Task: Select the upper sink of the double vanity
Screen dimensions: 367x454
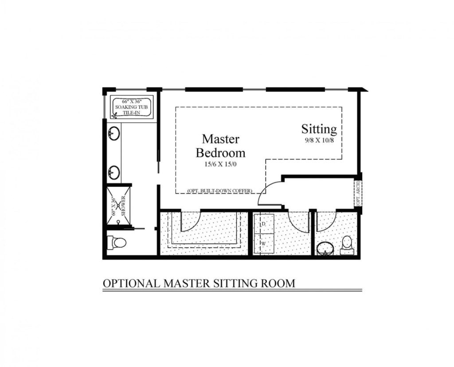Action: [x=114, y=132]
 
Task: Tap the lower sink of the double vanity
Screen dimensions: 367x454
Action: [x=114, y=172]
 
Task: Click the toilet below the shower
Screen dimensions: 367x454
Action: [x=117, y=242]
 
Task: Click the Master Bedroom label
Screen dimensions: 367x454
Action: [x=220, y=146]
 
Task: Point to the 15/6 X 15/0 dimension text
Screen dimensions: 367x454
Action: [x=220, y=164]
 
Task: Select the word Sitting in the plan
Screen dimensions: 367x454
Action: [x=319, y=129]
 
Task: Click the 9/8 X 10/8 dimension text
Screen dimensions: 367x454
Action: [x=319, y=140]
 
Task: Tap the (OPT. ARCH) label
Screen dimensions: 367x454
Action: [x=358, y=193]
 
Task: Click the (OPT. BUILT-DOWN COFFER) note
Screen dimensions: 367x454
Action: [x=220, y=191]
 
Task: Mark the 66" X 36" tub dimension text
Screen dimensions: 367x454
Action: [x=131, y=102]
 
